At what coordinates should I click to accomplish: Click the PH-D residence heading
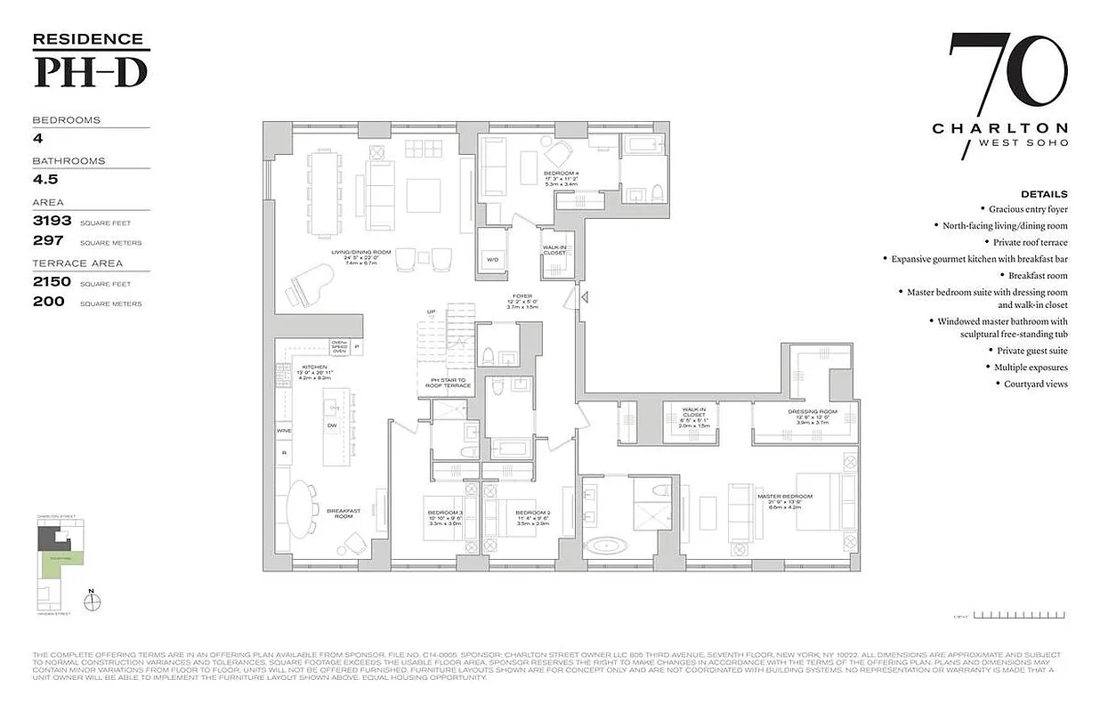[x=91, y=71]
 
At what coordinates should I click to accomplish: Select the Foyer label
[x=522, y=297]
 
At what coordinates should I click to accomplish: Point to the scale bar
[x=1020, y=614]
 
